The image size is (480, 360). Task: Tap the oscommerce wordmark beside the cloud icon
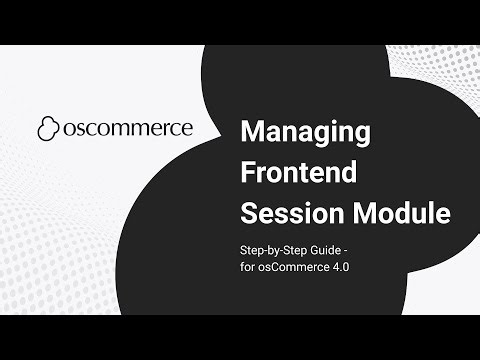[128, 129]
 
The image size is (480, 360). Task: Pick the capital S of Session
[249, 213]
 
